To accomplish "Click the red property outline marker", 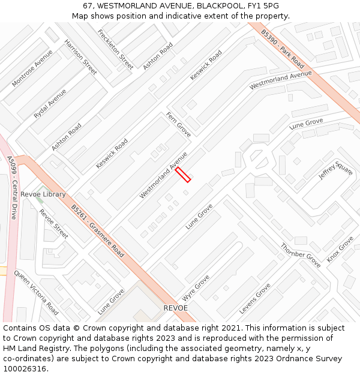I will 183,175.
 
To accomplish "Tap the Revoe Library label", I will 43,194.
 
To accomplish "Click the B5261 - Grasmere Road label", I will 97,231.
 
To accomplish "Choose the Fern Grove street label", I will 178,124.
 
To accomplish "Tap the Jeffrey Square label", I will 335,172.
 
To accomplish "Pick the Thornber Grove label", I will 301,255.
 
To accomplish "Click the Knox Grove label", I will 340,249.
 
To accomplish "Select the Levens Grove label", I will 255,298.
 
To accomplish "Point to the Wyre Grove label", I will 196,288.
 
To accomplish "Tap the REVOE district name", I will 176,308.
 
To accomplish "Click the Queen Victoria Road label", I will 36,293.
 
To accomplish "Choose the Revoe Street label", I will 53,223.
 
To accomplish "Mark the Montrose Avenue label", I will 32,68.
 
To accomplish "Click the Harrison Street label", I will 80,57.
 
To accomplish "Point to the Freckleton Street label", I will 115,49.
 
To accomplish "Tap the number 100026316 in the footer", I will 25,368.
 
